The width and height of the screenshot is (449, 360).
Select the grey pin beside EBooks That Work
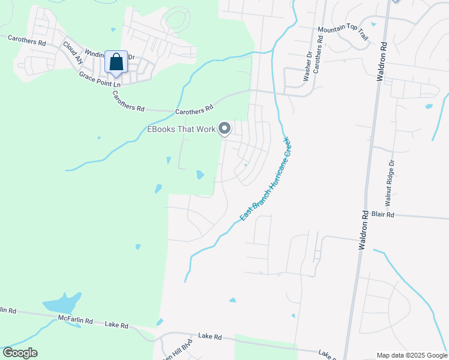225,128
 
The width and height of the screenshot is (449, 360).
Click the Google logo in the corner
20,353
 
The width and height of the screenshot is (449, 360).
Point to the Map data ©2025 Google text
411,355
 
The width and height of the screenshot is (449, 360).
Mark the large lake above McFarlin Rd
61,302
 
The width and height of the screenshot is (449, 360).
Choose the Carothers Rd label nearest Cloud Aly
26,40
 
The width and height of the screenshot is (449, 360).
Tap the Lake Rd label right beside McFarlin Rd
116,325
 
